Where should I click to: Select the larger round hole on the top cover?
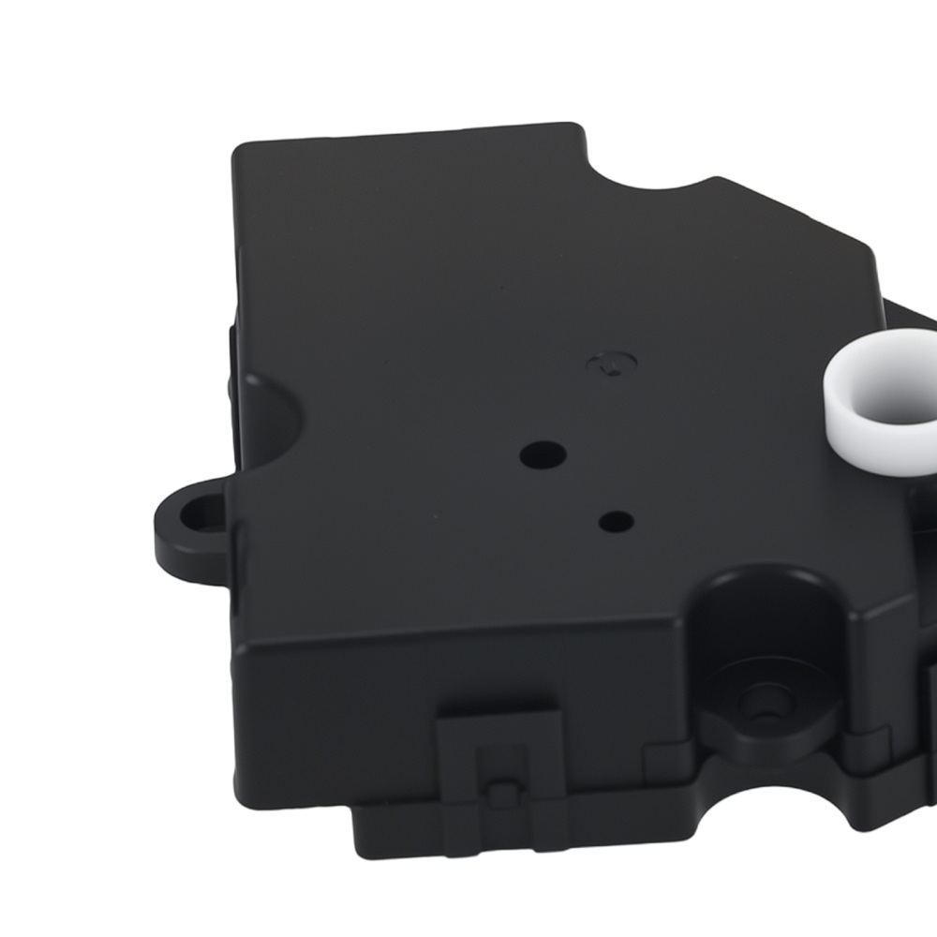pos(543,454)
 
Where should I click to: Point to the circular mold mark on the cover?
pos(612,363)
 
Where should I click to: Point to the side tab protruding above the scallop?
pos(231,351)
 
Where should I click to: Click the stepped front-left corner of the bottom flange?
pos(361,825)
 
